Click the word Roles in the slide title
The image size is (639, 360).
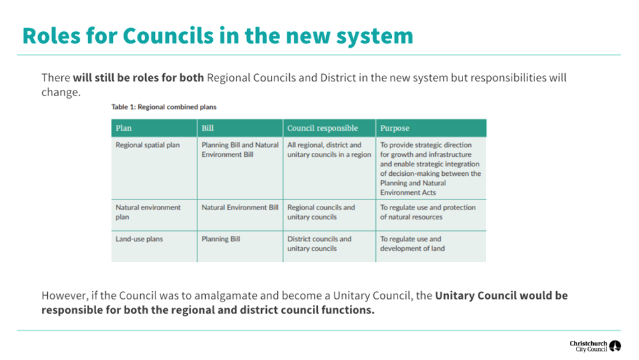coord(52,36)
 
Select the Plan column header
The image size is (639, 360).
coord(124,128)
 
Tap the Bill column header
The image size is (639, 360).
coord(208,128)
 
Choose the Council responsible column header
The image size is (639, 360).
coord(322,128)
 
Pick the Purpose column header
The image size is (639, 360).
coord(394,129)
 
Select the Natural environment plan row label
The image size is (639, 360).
coord(148,212)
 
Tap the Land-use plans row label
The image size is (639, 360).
coord(139,239)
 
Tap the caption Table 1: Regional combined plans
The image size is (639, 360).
coord(164,107)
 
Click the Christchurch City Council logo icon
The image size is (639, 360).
coord(615,346)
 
